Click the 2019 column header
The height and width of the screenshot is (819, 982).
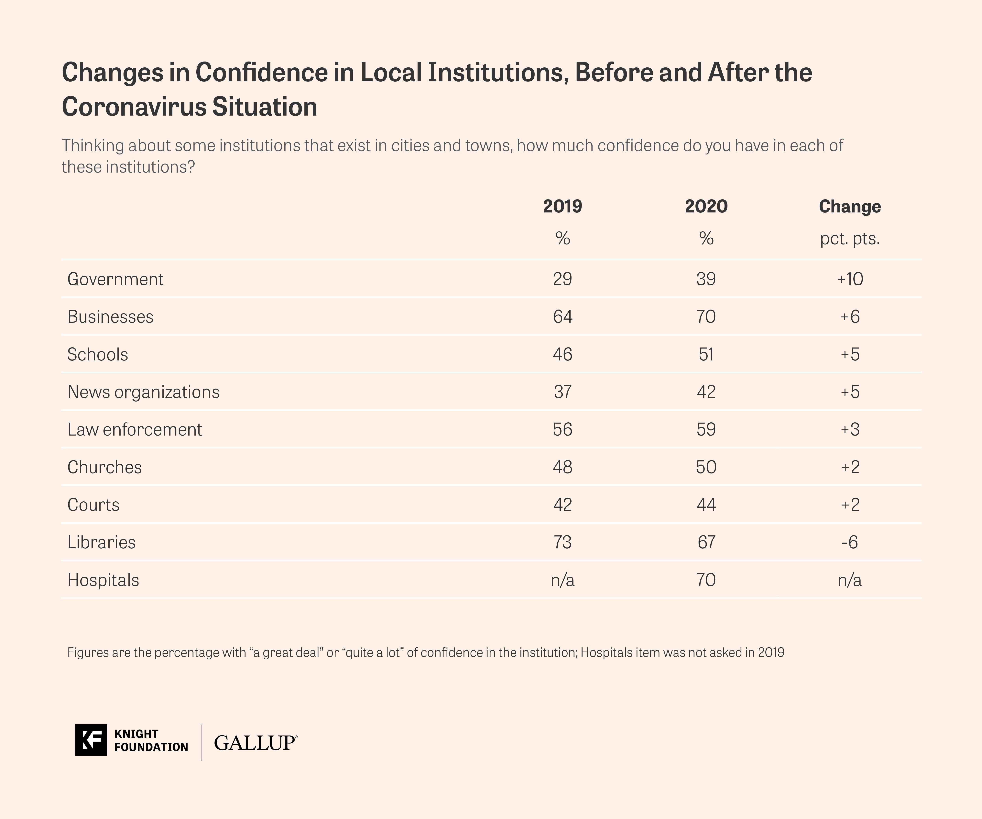(x=562, y=206)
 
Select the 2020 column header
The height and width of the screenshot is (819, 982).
(x=706, y=206)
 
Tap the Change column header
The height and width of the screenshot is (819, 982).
(x=850, y=206)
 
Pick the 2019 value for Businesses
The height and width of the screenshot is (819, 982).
(x=562, y=317)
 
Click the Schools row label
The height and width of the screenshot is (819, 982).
(x=98, y=354)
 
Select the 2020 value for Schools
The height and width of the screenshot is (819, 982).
(x=706, y=354)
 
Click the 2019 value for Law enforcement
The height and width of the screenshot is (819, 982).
(x=562, y=430)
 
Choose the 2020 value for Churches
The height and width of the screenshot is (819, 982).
(x=706, y=467)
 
